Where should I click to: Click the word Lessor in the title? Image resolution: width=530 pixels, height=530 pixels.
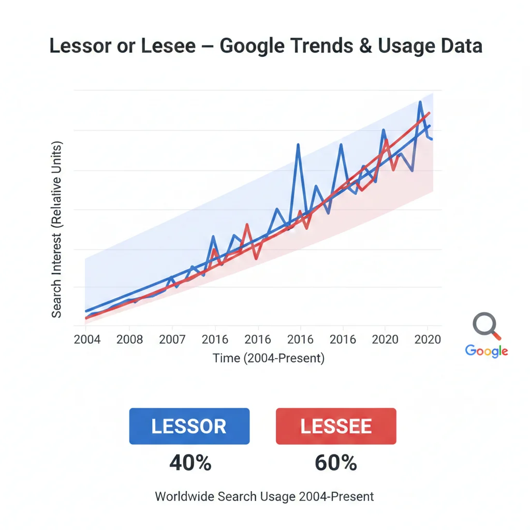[x=80, y=46]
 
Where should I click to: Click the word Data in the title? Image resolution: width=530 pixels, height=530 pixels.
[x=459, y=46]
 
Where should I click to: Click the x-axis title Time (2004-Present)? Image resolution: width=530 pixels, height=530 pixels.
[x=269, y=358]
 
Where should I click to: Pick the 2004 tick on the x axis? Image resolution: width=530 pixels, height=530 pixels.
[x=87, y=340]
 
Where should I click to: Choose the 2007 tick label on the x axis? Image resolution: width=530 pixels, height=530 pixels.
[x=172, y=340]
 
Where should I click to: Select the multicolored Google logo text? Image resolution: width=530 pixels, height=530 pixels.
[x=487, y=351]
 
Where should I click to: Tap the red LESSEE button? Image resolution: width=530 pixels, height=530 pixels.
[x=336, y=426]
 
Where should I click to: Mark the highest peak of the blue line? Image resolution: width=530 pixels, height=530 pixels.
[x=420, y=102]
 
